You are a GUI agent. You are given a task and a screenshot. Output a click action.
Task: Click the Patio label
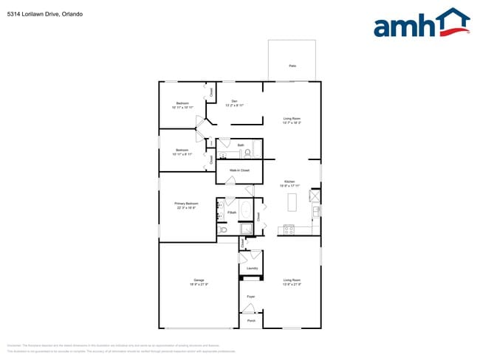point(292,66)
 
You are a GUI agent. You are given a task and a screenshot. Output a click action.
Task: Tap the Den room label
point(234,103)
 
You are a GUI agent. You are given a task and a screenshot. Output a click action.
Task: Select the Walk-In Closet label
point(241,170)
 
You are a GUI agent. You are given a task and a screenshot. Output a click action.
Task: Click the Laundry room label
point(251,268)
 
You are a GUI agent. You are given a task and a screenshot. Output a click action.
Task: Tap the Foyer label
point(251,297)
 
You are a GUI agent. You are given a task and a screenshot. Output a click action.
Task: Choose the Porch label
point(251,321)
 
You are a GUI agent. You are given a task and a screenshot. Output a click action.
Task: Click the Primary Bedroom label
point(186,205)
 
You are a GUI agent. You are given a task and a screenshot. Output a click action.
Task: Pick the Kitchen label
point(291,183)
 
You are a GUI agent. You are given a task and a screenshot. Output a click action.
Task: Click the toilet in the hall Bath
point(248,153)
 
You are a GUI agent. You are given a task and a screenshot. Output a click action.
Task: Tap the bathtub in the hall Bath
point(257,149)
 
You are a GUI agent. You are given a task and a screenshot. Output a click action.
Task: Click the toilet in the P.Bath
point(222,230)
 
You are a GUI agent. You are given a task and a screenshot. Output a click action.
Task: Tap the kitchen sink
point(316,211)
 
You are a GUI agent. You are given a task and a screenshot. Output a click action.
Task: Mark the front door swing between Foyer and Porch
point(247,311)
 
